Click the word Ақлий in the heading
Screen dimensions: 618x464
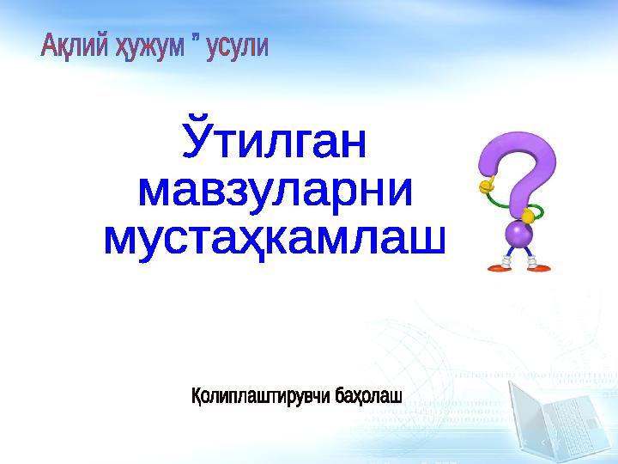pos(74,46)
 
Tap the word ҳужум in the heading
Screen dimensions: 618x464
pos(149,47)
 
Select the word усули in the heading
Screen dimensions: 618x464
pos(238,46)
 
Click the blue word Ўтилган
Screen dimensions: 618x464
pos(275,137)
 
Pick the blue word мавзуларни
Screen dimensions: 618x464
pos(276,191)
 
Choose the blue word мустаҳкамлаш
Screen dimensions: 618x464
pos(275,239)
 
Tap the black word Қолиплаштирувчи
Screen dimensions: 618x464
pos(260,396)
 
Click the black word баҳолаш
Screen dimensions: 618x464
pos(368,395)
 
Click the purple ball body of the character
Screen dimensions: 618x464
pos(518,234)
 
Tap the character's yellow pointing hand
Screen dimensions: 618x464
pos(488,184)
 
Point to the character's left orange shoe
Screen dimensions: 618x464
pos(500,268)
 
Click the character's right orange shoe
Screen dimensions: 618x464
pos(539,268)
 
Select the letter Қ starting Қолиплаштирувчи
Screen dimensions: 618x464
pos(197,396)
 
